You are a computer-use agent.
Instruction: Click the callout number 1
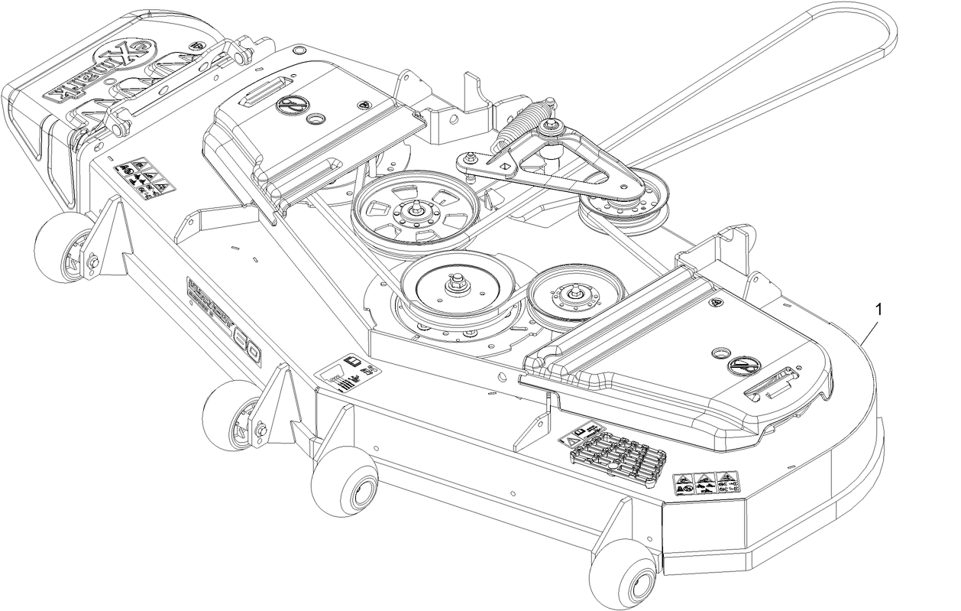(879, 309)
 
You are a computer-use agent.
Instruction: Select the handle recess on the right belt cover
(772, 382)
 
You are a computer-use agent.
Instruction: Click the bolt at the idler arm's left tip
(463, 158)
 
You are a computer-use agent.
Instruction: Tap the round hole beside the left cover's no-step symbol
(312, 121)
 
